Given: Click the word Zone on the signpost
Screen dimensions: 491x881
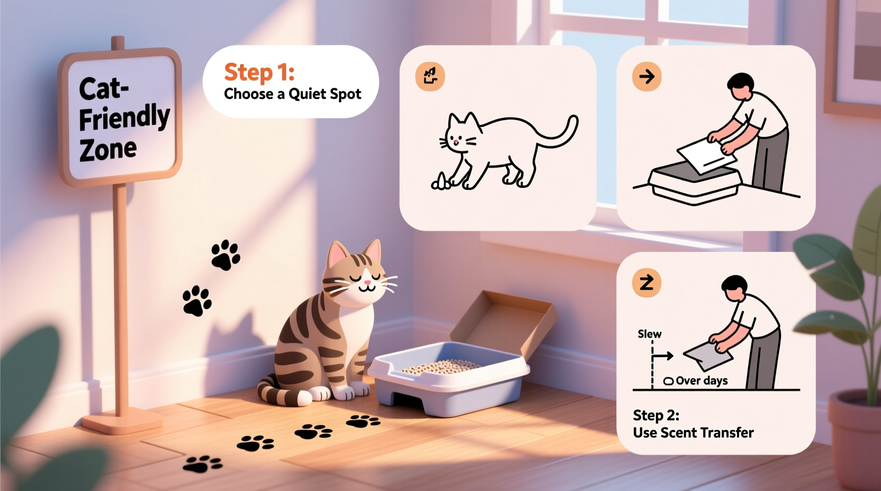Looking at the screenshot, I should [x=108, y=150].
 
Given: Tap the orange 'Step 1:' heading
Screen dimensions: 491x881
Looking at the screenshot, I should [x=259, y=72].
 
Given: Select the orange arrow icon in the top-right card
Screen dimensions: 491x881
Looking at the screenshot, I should [x=646, y=77].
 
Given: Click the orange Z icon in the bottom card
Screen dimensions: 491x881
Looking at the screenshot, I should [x=646, y=283].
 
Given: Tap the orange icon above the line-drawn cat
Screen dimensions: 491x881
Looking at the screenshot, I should [x=430, y=76].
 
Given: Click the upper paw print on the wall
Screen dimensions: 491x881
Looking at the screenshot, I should [x=226, y=255].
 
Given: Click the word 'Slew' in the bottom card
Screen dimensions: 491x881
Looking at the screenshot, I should [x=649, y=334].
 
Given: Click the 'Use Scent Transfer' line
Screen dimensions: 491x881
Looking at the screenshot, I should [x=693, y=433].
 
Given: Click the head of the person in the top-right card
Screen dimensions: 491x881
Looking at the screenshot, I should [x=741, y=85].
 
